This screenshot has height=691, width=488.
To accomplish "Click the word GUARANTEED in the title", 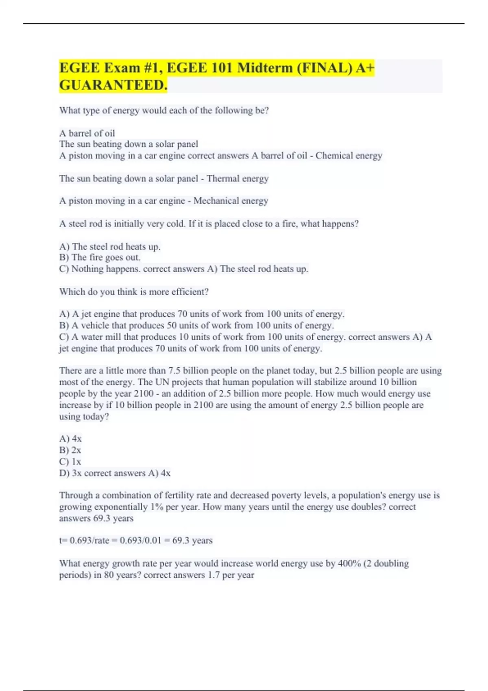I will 113,85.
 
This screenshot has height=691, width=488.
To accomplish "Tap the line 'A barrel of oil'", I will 87,133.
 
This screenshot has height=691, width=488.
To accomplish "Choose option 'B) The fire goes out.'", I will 100,257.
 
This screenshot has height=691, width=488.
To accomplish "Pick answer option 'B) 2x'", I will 70,450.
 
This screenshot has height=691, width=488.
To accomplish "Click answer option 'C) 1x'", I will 70,462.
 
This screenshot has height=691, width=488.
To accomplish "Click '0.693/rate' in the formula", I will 89,541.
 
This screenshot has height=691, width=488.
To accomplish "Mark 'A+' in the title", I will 365,67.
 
